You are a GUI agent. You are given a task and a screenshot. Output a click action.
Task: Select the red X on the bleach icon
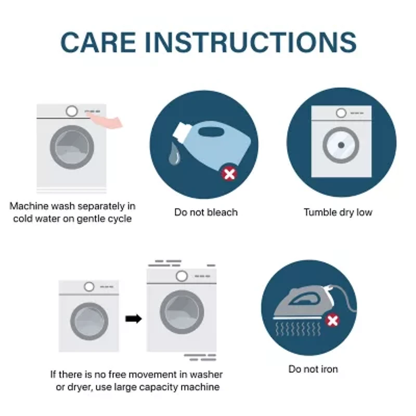228,173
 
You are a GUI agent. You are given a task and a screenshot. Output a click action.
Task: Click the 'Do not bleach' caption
205,212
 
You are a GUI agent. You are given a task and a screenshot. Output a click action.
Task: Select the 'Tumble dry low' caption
338,212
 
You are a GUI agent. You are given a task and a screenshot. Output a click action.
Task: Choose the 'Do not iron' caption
313,369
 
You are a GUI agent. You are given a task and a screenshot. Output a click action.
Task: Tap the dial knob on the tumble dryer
341,113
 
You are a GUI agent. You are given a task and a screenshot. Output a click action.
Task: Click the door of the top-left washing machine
72,146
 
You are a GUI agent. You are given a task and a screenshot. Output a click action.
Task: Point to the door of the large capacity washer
181,312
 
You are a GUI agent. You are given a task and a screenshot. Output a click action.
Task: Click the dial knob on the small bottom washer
89,287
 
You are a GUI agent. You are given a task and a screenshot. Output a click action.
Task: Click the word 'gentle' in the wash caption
90,218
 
